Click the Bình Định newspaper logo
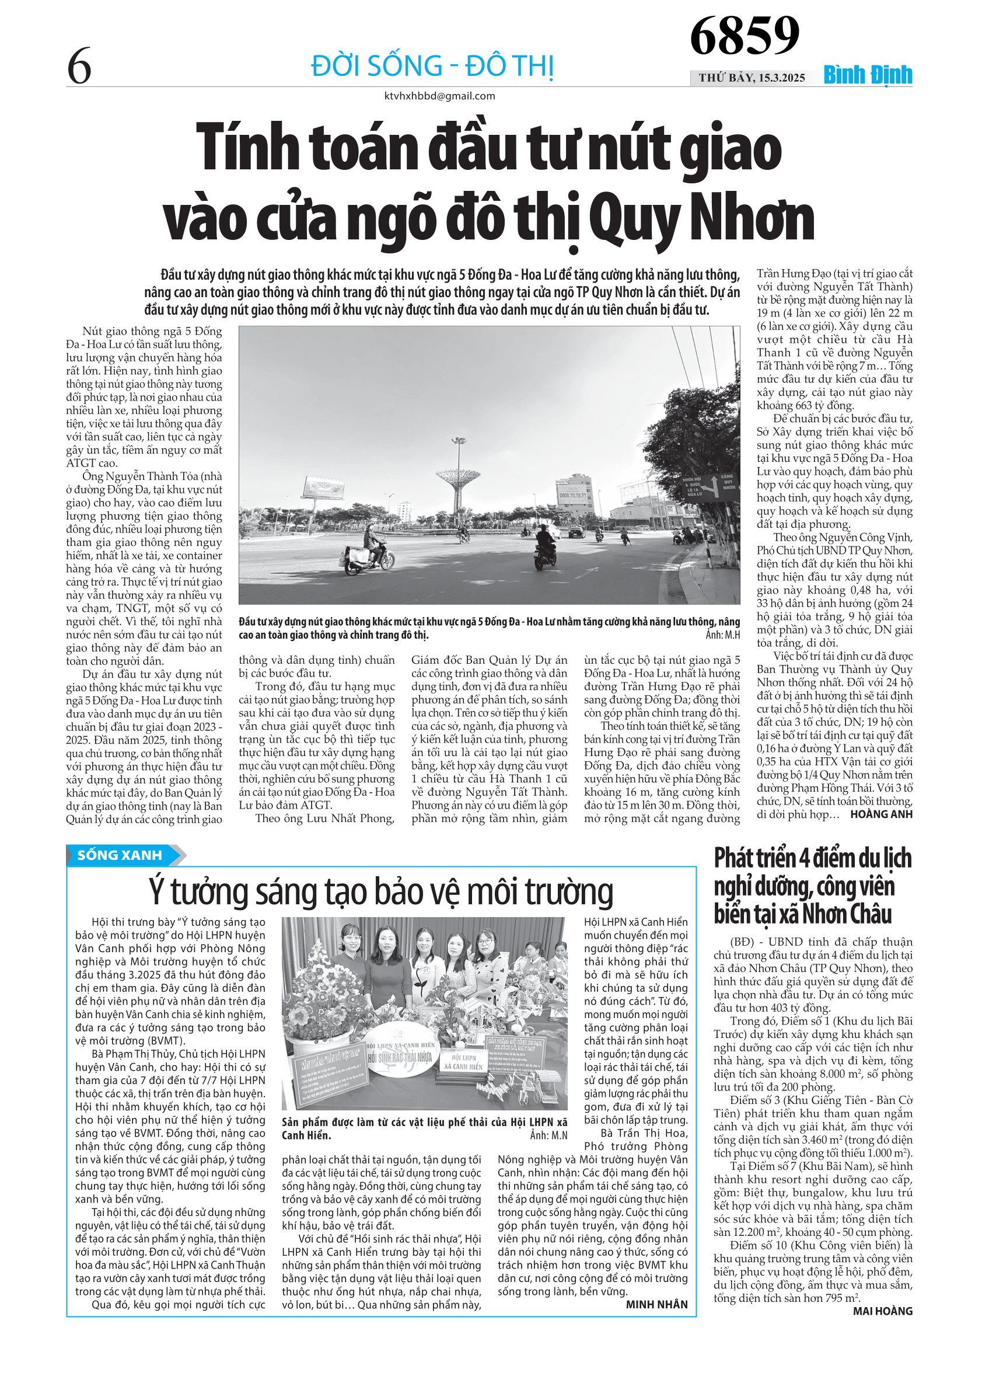[x=868, y=76]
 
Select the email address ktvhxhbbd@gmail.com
[x=439, y=96]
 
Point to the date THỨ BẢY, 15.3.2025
[x=752, y=78]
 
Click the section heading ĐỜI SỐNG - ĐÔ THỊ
[x=432, y=65]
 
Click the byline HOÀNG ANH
[x=881, y=814]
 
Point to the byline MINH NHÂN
[x=656, y=1304]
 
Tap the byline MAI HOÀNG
[x=882, y=1311]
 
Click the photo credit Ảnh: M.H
[x=722, y=635]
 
